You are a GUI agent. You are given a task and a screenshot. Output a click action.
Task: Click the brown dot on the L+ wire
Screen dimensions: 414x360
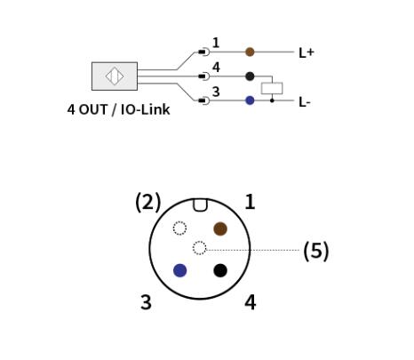250,52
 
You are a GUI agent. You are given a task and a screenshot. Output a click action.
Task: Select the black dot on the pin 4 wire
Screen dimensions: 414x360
250,76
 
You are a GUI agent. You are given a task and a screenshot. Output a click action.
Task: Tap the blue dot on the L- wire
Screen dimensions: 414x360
250,100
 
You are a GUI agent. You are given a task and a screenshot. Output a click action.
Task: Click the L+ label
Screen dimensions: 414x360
307,53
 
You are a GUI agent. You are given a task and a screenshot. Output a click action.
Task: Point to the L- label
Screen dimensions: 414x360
305,102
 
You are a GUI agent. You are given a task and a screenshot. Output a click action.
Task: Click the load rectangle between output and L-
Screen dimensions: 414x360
272,88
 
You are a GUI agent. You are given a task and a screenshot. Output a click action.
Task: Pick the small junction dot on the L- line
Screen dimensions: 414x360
272,100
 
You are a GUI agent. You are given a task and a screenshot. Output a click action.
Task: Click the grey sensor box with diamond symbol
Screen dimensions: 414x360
115,76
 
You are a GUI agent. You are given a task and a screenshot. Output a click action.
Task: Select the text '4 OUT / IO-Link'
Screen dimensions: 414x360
118,109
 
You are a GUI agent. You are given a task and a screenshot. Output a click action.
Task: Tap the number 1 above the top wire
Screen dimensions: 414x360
216,43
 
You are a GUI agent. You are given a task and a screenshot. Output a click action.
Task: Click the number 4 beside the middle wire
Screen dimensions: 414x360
216,68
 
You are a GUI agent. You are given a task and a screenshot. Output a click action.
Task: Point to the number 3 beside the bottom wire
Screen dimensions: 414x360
216,92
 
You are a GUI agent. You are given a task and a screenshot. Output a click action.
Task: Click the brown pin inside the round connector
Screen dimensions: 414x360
220,228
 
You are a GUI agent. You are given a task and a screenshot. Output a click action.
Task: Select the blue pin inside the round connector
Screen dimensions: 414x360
179,270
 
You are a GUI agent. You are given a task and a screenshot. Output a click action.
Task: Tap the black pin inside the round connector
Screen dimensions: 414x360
220,270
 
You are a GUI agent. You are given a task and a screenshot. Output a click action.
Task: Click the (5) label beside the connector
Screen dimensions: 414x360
316,251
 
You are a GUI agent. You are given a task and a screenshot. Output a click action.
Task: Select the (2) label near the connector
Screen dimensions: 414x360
147,202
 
